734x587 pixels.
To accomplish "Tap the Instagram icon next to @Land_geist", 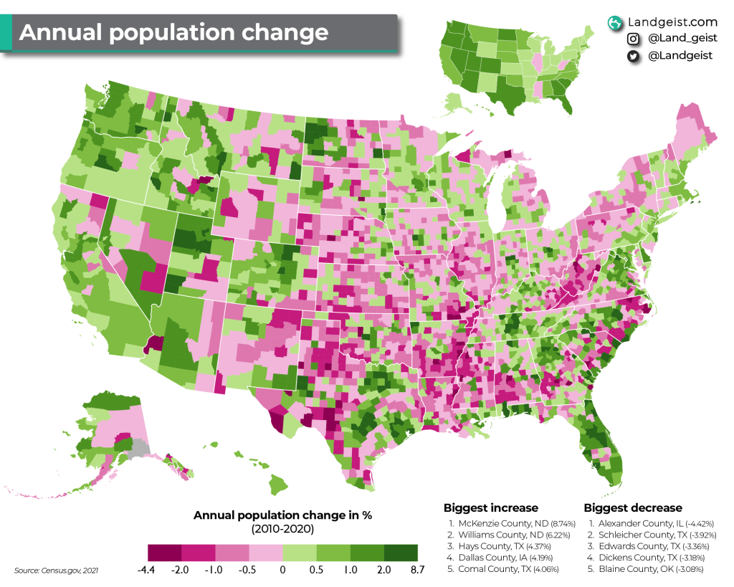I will tap(633, 39).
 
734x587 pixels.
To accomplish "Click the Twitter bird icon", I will tap(633, 57).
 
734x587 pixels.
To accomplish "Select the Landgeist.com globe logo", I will tap(614, 23).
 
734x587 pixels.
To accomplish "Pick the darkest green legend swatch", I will tap(401, 552).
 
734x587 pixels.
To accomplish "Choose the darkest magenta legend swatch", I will tap(164, 552).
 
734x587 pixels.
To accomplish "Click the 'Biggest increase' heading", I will tap(490, 507).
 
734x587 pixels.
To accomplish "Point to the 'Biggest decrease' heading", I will tap(633, 507).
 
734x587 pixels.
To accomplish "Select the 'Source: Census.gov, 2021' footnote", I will tap(56, 571).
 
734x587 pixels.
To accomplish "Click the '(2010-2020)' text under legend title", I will tap(282, 529).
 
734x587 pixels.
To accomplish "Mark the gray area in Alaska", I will tap(140, 449).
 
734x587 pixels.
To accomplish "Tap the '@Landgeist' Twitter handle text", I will tap(680, 57).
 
